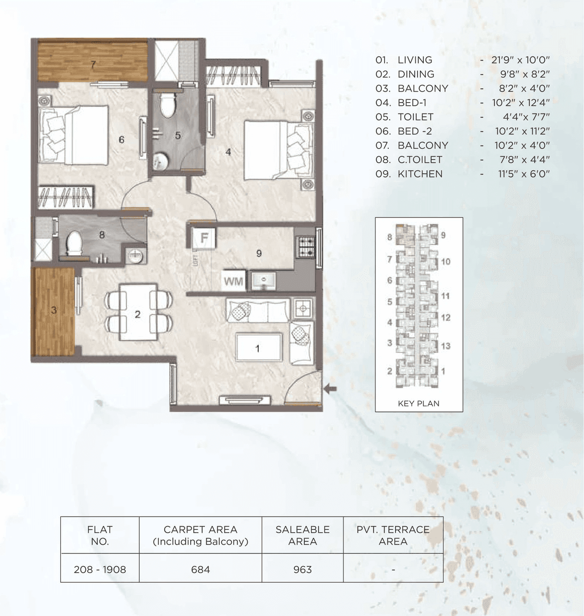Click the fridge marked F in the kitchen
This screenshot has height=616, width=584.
[204, 238]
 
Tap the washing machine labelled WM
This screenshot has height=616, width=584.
[233, 281]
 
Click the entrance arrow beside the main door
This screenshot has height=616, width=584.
[330, 389]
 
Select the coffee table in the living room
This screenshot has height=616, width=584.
[258, 348]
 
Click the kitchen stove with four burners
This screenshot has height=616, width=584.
[305, 247]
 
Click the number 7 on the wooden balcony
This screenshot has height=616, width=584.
[93, 64]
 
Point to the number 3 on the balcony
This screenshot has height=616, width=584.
[54, 311]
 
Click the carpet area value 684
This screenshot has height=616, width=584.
[200, 569]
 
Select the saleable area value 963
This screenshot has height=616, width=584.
[302, 569]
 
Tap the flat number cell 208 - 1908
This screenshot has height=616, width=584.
[100, 569]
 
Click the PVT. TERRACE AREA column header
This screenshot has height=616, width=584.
[393, 535]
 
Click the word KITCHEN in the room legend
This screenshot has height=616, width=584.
[420, 174]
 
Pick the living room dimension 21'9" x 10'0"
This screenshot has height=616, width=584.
[521, 60]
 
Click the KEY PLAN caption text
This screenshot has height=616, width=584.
[418, 404]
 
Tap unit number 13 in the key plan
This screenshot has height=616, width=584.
[446, 346]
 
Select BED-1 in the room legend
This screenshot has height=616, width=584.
[412, 103]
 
